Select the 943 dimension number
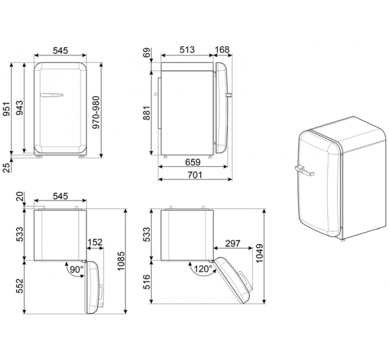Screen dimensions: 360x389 (x=20, y=109)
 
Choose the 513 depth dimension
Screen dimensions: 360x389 (x=186, y=50)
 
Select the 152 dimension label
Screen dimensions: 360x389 (x=94, y=243)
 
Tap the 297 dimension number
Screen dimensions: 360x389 (x=232, y=243)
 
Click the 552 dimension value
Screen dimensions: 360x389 (x=20, y=285)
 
